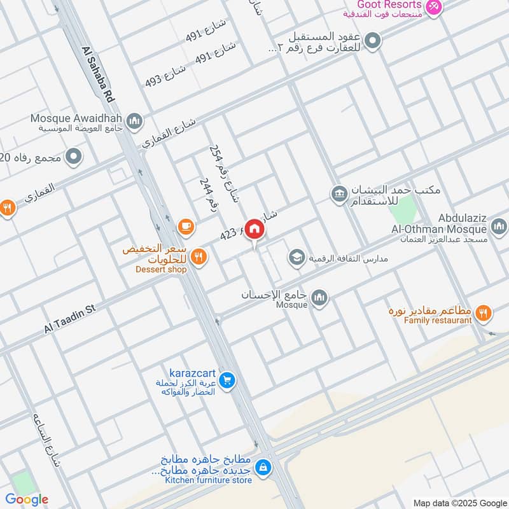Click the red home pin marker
click(x=254, y=229)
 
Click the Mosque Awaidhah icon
click(x=134, y=120)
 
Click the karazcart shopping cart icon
click(x=227, y=381)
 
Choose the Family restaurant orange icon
click(x=484, y=312)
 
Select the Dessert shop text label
click(x=161, y=270)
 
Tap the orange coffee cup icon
click(x=185, y=225)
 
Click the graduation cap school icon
click(x=296, y=257)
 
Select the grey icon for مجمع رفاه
click(x=74, y=155)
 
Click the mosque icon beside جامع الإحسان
click(x=319, y=297)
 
